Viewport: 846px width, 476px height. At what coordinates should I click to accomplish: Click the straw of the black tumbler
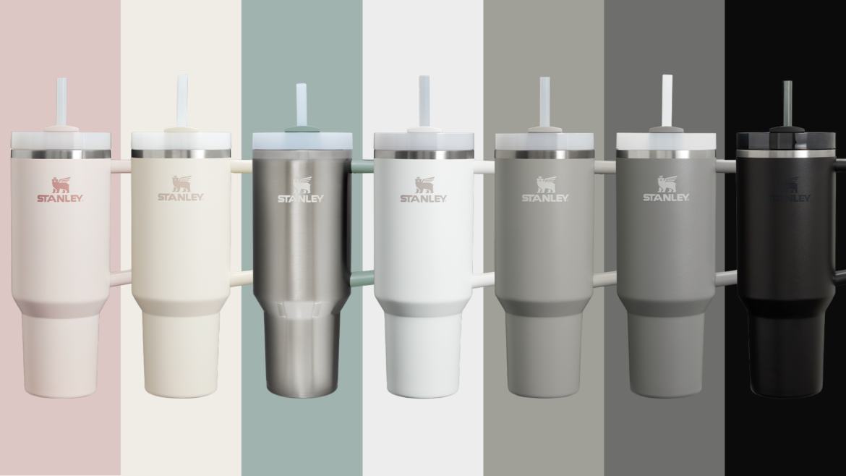click(x=787, y=101)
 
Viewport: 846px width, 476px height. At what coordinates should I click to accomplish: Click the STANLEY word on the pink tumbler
click(x=59, y=197)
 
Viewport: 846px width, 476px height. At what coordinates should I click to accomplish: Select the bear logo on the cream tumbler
click(x=181, y=184)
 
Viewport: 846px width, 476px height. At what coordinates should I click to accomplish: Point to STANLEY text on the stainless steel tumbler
click(x=301, y=198)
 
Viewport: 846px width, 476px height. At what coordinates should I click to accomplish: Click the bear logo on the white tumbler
click(x=424, y=184)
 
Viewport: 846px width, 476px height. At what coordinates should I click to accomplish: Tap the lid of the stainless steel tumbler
click(x=302, y=140)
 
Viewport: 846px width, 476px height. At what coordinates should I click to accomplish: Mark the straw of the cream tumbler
click(x=182, y=100)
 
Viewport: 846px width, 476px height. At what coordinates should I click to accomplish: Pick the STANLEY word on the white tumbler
click(x=423, y=198)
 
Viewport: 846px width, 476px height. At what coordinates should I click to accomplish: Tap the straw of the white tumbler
click(x=424, y=100)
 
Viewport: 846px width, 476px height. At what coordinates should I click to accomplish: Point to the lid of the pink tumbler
click(x=61, y=140)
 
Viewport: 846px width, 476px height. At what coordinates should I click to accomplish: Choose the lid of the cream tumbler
click(x=181, y=140)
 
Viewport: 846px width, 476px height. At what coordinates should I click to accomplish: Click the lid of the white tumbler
click(x=424, y=140)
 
